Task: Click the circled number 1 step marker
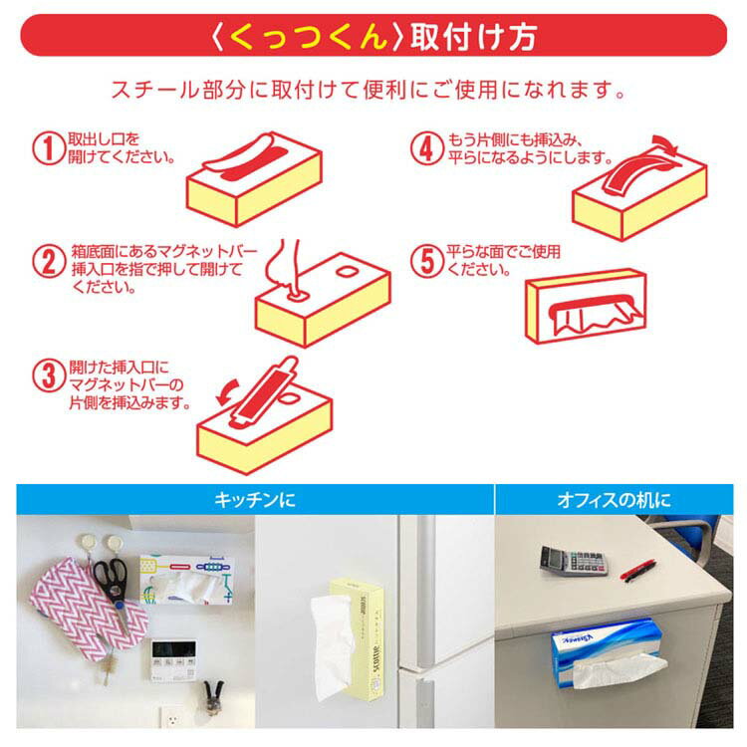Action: [x=49, y=148]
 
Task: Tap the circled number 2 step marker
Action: [x=49, y=261]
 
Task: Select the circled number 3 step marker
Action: [x=49, y=375]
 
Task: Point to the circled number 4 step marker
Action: [x=427, y=148]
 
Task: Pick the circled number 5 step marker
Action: [x=427, y=261]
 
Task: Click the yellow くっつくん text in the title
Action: [x=308, y=36]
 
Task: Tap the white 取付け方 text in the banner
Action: [x=474, y=37]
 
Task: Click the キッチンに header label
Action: [x=255, y=500]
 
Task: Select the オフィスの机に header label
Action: [x=615, y=500]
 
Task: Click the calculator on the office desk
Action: [x=574, y=561]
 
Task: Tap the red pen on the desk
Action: [x=638, y=571]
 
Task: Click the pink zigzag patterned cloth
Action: [x=88, y=611]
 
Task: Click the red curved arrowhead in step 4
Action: [x=667, y=144]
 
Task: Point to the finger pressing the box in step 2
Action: [x=285, y=267]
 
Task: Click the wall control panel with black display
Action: [x=174, y=660]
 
